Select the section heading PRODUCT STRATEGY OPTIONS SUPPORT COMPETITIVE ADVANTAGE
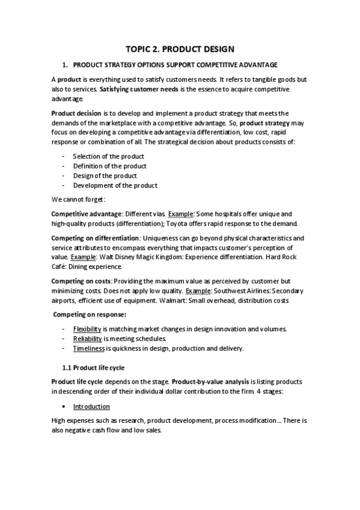[x=175, y=65]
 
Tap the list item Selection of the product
[x=108, y=156]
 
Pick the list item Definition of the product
[x=109, y=166]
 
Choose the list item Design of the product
[x=105, y=176]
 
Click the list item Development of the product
[x=115, y=185]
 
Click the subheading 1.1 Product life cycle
[x=94, y=367]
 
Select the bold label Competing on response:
[x=89, y=315]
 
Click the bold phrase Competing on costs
[x=81, y=281]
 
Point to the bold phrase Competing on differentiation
[x=95, y=238]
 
